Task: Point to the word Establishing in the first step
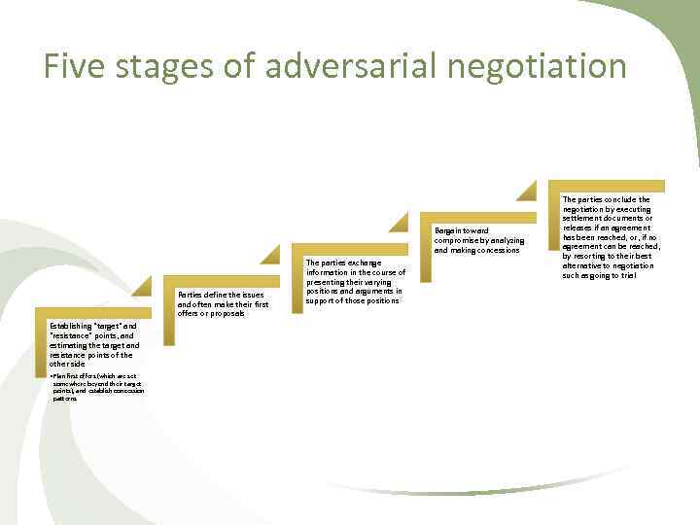tap(70, 326)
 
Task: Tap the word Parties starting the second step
tap(192, 294)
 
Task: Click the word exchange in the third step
tap(373, 262)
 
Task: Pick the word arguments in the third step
tap(368, 292)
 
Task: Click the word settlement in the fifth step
tap(582, 219)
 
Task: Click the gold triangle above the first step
tap(141, 286)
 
